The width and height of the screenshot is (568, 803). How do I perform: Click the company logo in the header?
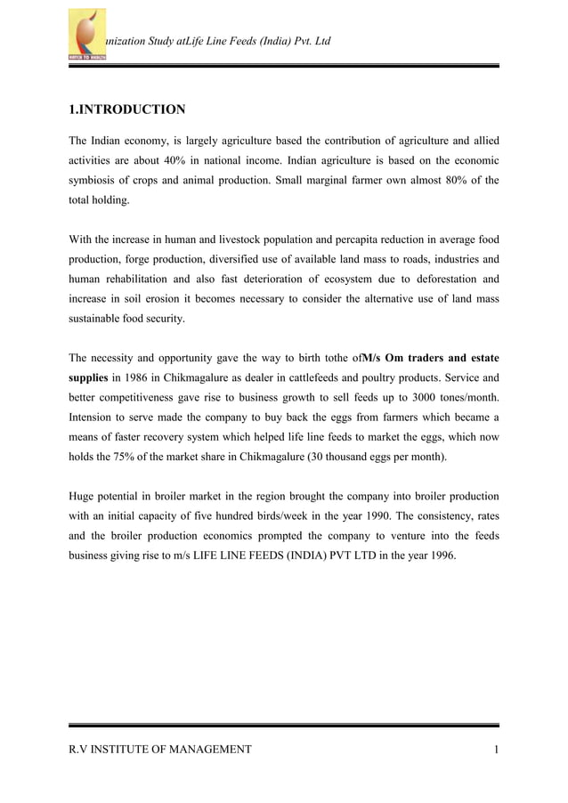tap(87, 35)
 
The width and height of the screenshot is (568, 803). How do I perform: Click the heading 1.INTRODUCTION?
tap(127, 109)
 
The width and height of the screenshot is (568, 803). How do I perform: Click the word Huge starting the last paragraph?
tap(85, 496)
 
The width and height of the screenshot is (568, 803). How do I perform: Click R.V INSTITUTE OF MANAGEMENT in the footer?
tap(160, 750)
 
